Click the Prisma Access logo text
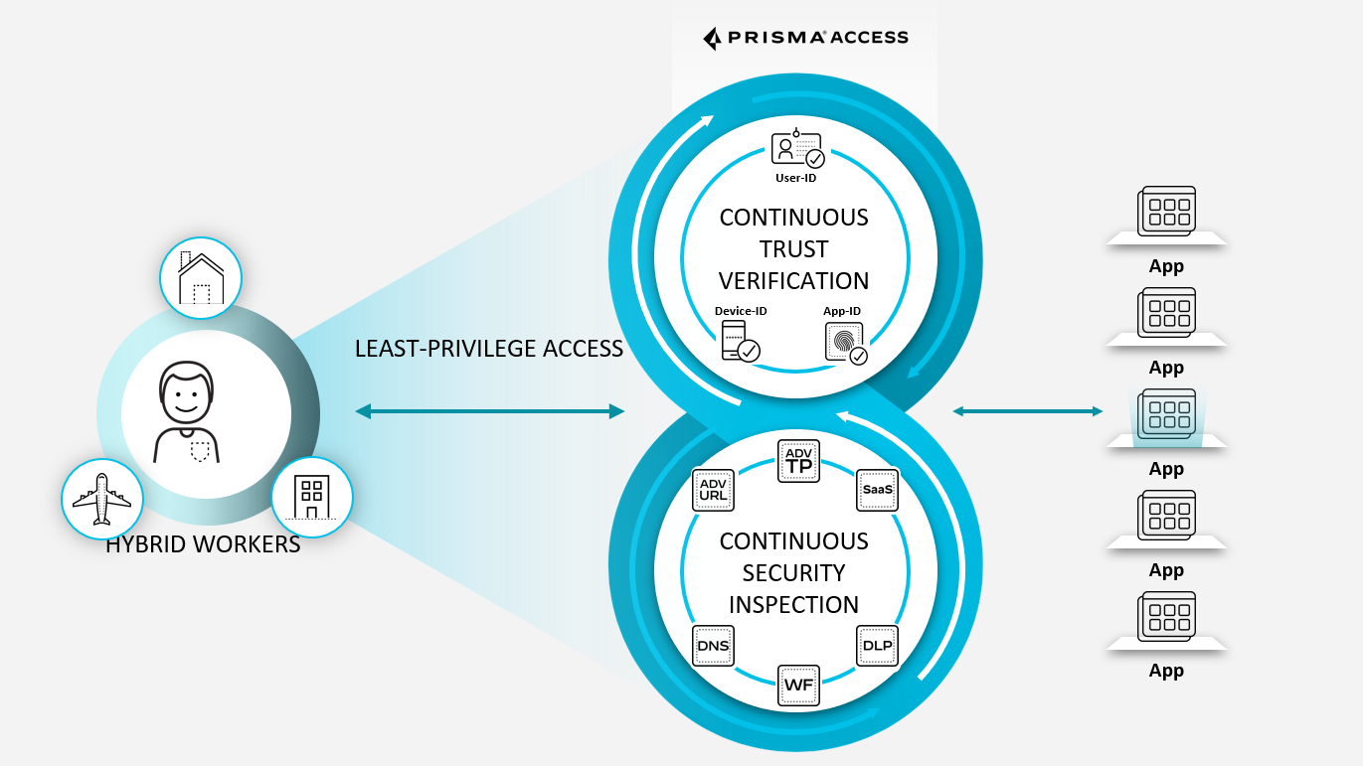(x=805, y=38)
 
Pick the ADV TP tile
(x=798, y=460)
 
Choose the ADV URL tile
(x=713, y=490)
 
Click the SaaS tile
(x=877, y=489)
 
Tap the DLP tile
(x=877, y=647)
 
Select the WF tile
(x=798, y=686)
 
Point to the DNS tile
(x=714, y=647)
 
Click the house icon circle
(x=201, y=277)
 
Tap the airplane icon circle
(x=100, y=499)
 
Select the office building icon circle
(x=312, y=497)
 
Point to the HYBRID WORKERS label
(x=203, y=544)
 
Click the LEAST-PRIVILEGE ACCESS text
(x=489, y=349)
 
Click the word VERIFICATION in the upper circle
(x=793, y=281)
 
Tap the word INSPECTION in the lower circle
(x=793, y=605)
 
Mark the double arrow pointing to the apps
(x=1027, y=410)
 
